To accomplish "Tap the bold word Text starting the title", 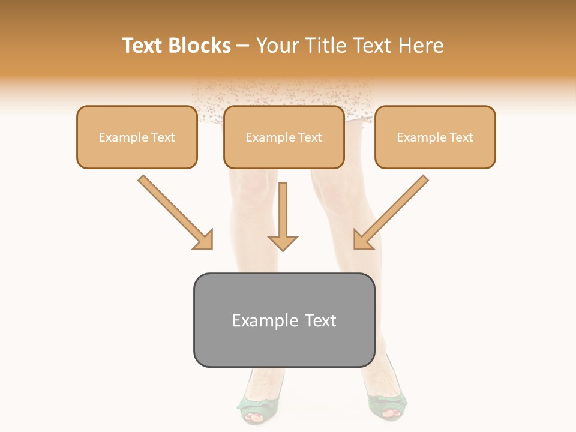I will coord(143,46).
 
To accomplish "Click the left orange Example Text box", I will coord(137,137).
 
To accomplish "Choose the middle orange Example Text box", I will coord(284,137).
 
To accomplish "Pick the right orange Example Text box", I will coord(435,137).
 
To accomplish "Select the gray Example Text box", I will coord(284,320).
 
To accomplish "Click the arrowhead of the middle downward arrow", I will coord(283,242).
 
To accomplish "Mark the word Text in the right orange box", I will coord(461,137).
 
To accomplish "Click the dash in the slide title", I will coord(243,46).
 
